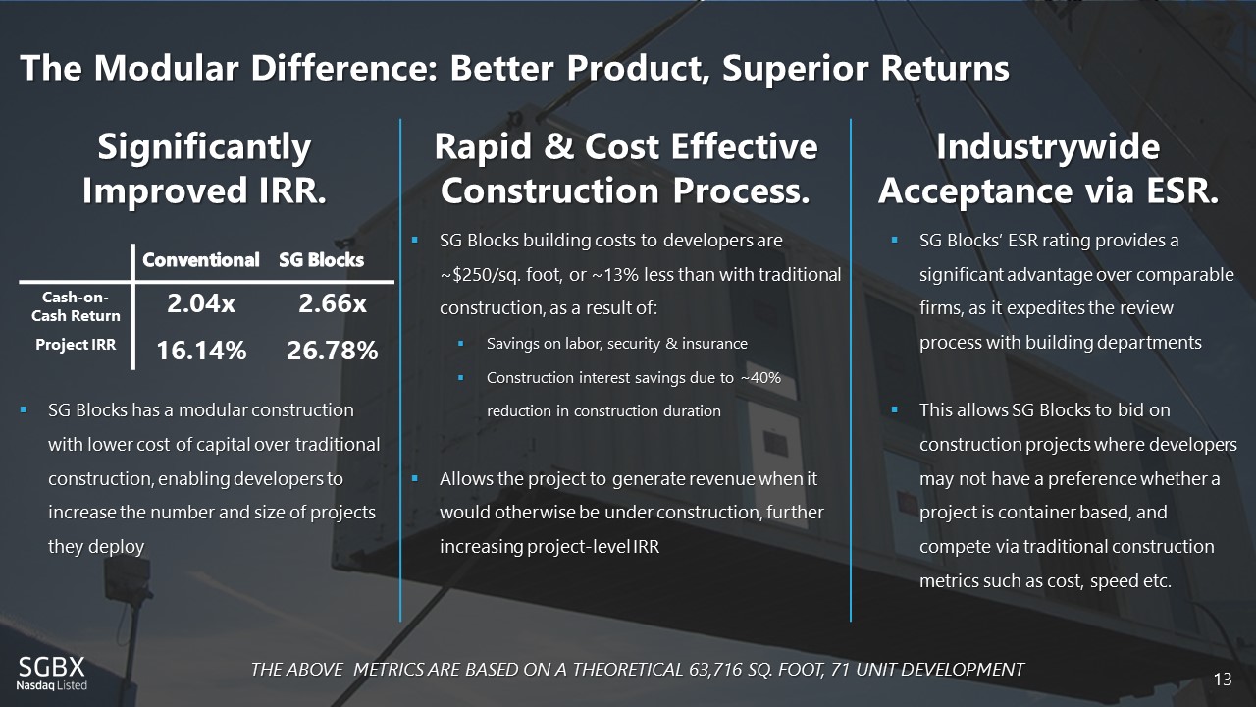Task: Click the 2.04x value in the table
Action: click(201, 303)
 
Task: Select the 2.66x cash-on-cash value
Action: click(333, 303)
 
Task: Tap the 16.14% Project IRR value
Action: click(201, 351)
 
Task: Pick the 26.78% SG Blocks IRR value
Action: click(333, 351)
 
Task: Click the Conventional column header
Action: click(201, 260)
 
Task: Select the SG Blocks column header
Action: click(321, 260)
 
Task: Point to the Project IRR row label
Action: click(76, 345)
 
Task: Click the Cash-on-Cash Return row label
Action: click(76, 307)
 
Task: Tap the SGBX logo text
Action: click(52, 667)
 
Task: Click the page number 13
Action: click(1223, 680)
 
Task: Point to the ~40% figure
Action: click(760, 378)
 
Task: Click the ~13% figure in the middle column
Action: click(614, 275)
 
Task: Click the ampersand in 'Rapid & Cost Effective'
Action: click(558, 147)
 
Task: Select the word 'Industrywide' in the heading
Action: click(1048, 147)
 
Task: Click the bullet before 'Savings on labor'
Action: click(461, 343)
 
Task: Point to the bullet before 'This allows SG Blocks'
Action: click(894, 409)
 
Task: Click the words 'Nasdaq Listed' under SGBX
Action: click(52, 685)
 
